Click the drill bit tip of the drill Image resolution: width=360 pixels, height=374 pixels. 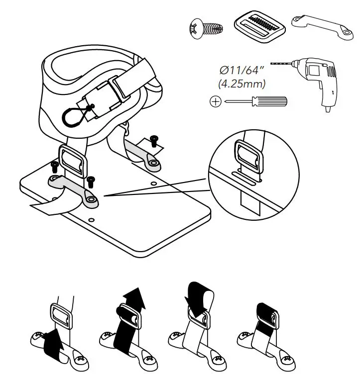(x=273, y=63)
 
